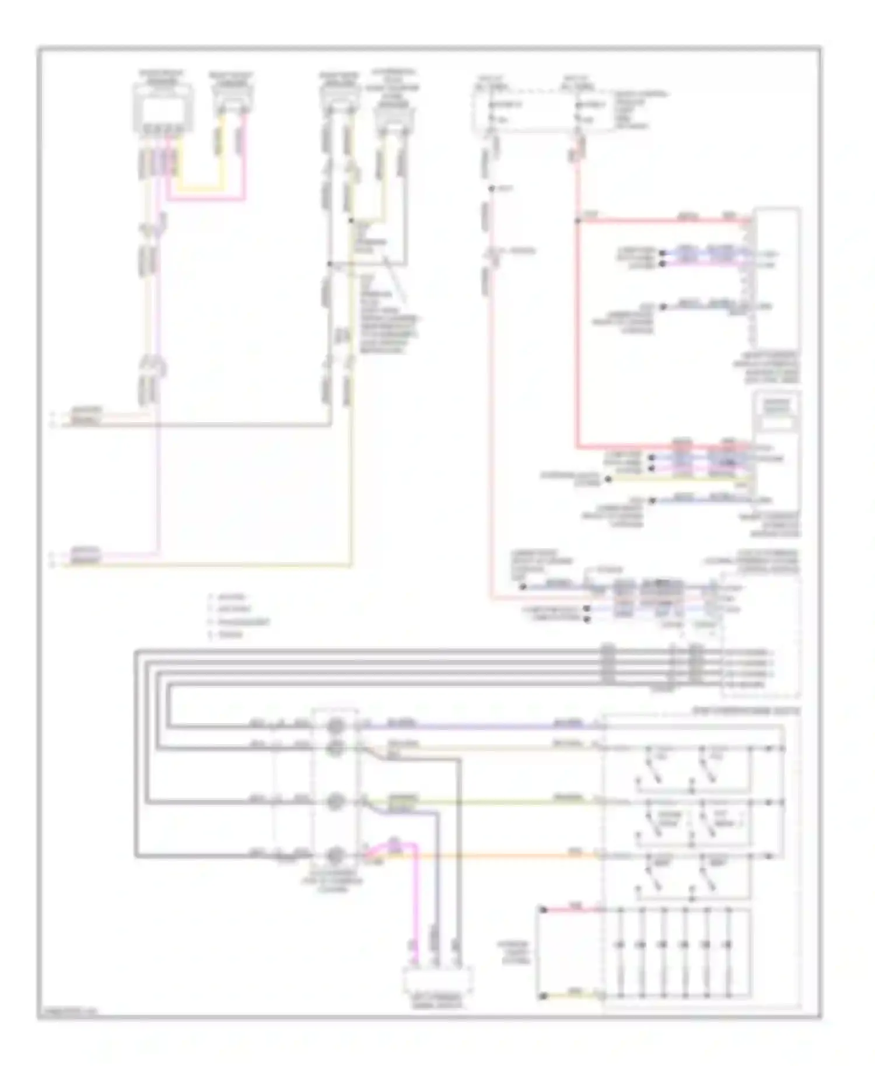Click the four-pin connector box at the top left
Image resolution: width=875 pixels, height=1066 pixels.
[162, 108]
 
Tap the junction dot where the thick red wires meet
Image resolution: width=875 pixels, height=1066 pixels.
[577, 220]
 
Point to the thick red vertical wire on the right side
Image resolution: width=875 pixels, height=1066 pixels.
[577, 332]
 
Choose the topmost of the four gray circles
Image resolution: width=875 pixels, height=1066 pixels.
[335, 727]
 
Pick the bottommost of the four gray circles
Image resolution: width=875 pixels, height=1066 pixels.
[335, 856]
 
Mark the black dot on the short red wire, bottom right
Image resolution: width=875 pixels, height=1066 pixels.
[542, 909]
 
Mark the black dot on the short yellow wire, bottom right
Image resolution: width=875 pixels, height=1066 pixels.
[542, 996]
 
